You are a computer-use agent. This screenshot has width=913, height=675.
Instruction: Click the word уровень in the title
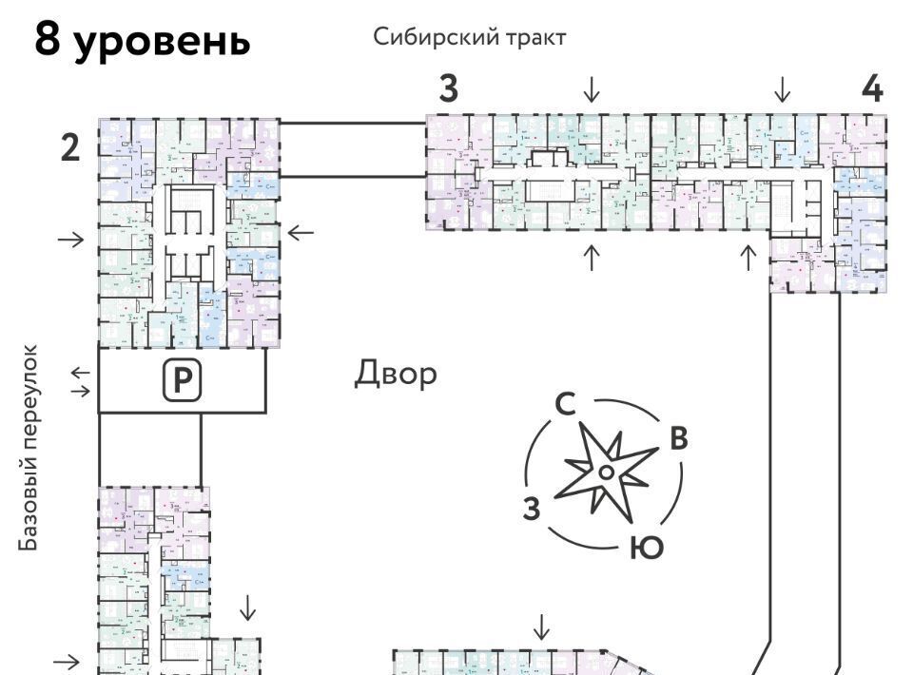163,42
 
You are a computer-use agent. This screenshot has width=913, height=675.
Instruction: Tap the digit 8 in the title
49,40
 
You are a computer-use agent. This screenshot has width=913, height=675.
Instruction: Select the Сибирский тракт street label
470,37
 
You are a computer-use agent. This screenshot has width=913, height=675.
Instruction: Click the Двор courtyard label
397,374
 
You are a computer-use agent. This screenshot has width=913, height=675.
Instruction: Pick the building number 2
70,148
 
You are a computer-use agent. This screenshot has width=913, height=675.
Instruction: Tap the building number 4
872,88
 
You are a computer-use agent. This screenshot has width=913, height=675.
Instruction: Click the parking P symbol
182,380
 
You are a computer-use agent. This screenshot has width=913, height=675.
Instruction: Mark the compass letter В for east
678,438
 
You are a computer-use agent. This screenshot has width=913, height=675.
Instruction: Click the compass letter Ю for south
646,548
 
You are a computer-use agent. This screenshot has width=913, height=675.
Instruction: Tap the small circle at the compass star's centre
605,472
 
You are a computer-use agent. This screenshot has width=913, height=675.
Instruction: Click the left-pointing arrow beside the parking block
82,372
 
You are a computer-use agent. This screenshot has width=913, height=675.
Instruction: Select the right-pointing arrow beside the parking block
82,390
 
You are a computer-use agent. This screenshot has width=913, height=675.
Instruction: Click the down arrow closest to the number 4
783,89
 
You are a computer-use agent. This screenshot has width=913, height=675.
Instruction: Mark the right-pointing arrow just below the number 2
70,239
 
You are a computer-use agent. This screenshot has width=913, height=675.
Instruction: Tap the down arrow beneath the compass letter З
541,627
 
